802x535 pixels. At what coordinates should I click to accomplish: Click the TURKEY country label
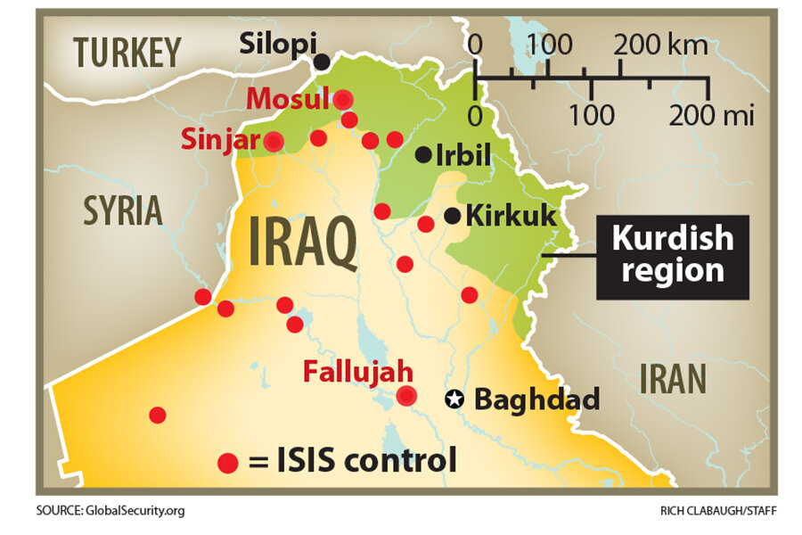click(128, 52)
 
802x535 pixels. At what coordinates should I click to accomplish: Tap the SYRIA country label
click(123, 211)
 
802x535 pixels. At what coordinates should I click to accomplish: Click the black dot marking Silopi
click(321, 62)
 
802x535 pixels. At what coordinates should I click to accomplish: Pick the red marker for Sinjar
click(274, 141)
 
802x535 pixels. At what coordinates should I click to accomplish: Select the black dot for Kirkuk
click(453, 215)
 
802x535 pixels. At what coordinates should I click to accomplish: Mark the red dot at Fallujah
click(407, 397)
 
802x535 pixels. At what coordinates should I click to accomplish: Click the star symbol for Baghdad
click(455, 399)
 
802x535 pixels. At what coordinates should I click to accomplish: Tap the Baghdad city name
click(536, 399)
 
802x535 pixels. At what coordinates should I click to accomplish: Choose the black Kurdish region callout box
click(672, 255)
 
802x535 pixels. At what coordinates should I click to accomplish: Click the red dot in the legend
click(228, 463)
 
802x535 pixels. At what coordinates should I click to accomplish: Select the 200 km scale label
click(659, 43)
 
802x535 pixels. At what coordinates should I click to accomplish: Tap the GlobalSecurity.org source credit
click(111, 511)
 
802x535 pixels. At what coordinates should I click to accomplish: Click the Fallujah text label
click(356, 370)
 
